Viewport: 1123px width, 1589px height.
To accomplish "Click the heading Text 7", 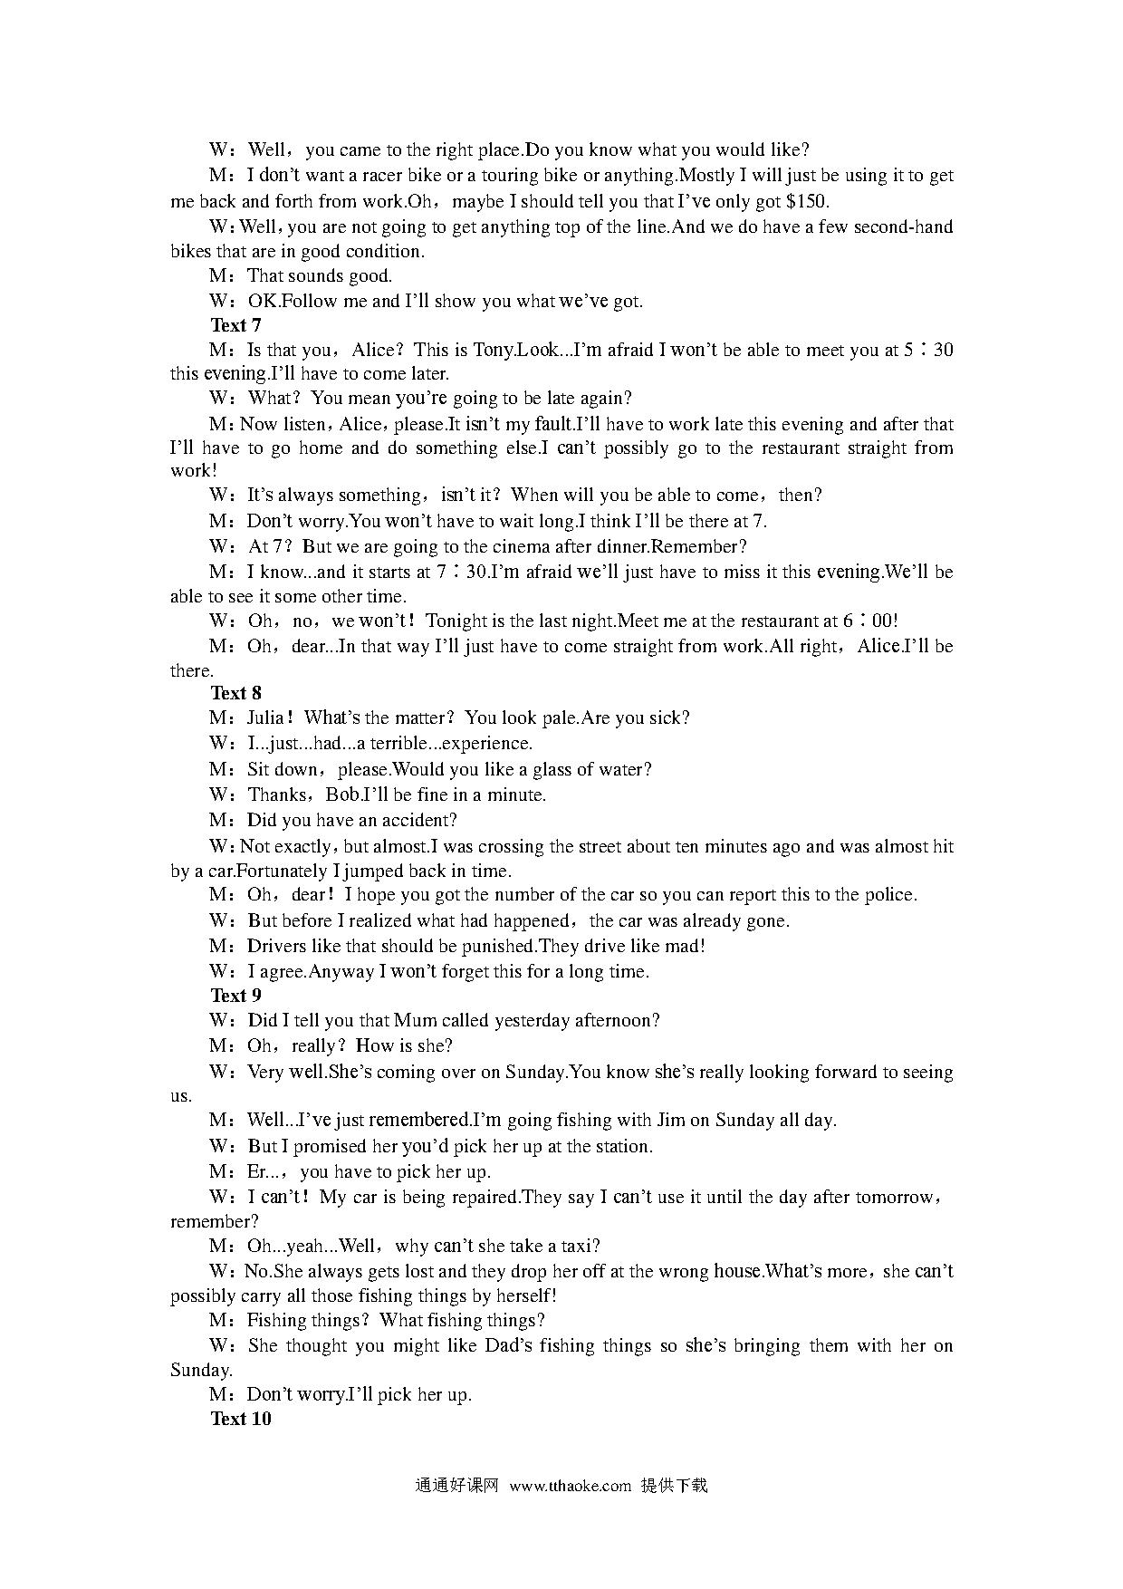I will pos(235,325).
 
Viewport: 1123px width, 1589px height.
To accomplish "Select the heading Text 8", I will pos(235,693).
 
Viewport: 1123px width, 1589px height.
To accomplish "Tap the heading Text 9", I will pos(235,996).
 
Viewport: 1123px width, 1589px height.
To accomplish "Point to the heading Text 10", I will pos(240,1419).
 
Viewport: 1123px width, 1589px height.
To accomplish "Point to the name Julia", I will pos(270,717).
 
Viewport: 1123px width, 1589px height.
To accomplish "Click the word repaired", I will pos(471,1197).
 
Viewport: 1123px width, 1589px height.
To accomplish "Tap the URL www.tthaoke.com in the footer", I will pos(570,1486).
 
